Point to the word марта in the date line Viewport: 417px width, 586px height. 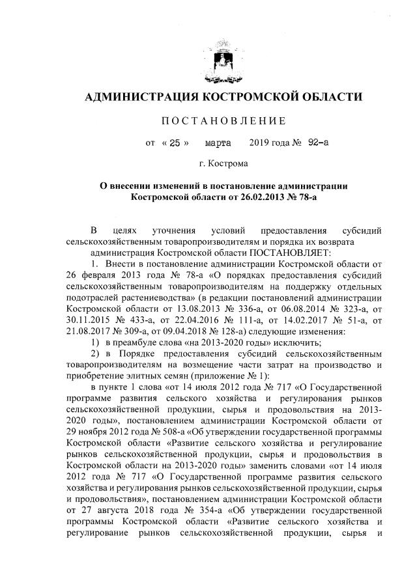click(x=218, y=140)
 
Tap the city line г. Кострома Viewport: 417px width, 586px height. click(x=223, y=163)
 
